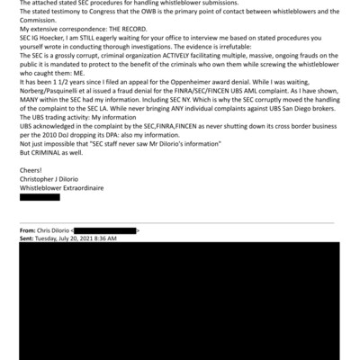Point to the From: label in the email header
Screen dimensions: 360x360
click(28, 231)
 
